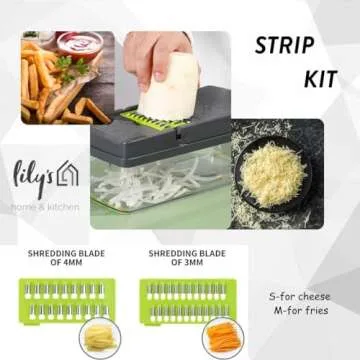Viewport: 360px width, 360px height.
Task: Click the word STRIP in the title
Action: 284,46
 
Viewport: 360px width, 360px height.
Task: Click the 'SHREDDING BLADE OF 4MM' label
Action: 60,259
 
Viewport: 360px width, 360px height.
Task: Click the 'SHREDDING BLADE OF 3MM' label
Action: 186,259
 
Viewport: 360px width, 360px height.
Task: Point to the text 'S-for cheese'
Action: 299,297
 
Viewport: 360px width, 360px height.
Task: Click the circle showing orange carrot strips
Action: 222,338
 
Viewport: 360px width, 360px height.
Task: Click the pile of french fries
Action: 45,85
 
